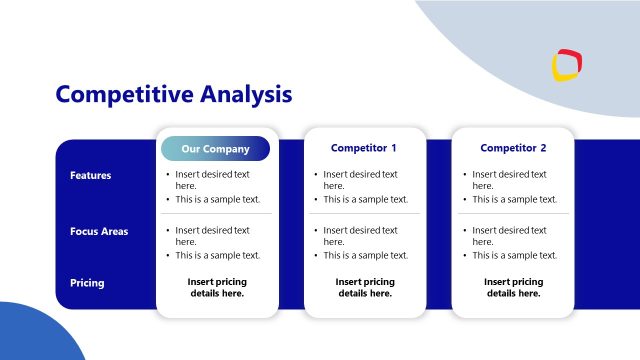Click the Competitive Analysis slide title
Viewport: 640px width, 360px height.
pos(174,94)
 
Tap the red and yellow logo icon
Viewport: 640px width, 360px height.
pos(567,65)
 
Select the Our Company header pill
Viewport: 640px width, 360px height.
pos(216,149)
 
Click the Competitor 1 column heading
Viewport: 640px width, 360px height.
pos(364,148)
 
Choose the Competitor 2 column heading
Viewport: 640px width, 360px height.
pos(513,148)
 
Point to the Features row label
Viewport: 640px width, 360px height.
pos(90,176)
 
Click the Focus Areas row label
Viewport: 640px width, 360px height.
pos(99,232)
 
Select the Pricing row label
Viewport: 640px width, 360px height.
pos(87,283)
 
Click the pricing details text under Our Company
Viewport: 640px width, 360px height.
pos(216,288)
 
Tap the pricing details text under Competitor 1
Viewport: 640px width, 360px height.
pos(365,288)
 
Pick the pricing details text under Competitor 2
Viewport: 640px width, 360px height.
pos(513,288)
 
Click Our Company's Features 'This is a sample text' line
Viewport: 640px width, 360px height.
pos(217,199)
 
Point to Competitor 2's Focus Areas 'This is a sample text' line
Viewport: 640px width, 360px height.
pos(514,255)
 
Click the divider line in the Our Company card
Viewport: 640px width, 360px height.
pos(216,213)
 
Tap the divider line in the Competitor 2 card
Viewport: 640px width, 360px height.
pos(513,213)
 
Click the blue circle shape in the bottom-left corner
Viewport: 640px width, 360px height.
pos(35,335)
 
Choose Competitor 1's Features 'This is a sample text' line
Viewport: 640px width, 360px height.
pos(366,199)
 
